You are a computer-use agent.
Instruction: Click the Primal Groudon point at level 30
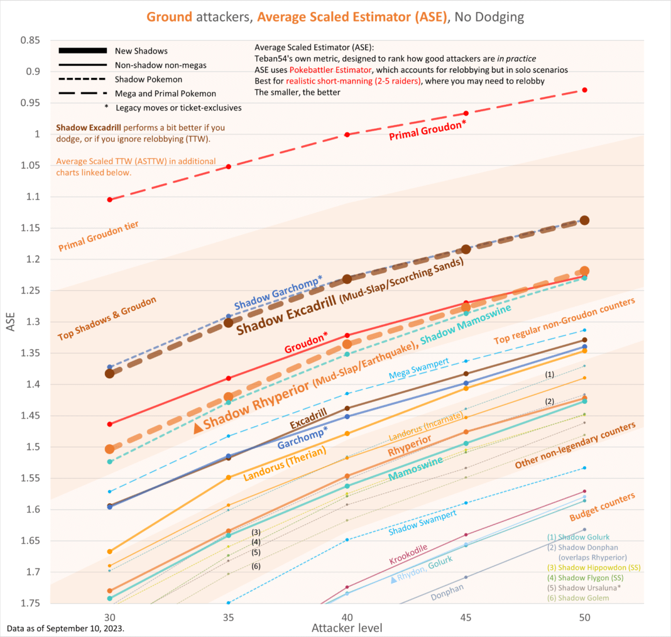click(109, 200)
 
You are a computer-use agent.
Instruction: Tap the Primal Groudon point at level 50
click(584, 90)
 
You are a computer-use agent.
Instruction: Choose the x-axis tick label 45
click(466, 616)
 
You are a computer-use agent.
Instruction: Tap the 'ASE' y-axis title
click(11, 322)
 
